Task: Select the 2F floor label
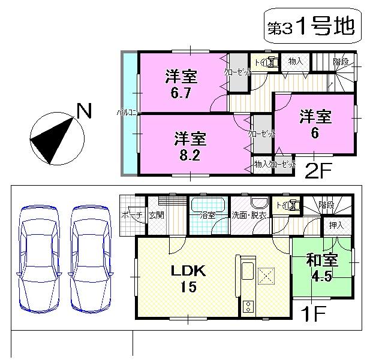point(317,172)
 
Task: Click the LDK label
point(189,271)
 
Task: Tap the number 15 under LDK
point(189,287)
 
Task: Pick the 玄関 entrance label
point(157,215)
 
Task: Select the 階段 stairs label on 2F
point(342,61)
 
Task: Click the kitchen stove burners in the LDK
point(248,307)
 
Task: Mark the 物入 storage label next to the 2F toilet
point(295,60)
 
